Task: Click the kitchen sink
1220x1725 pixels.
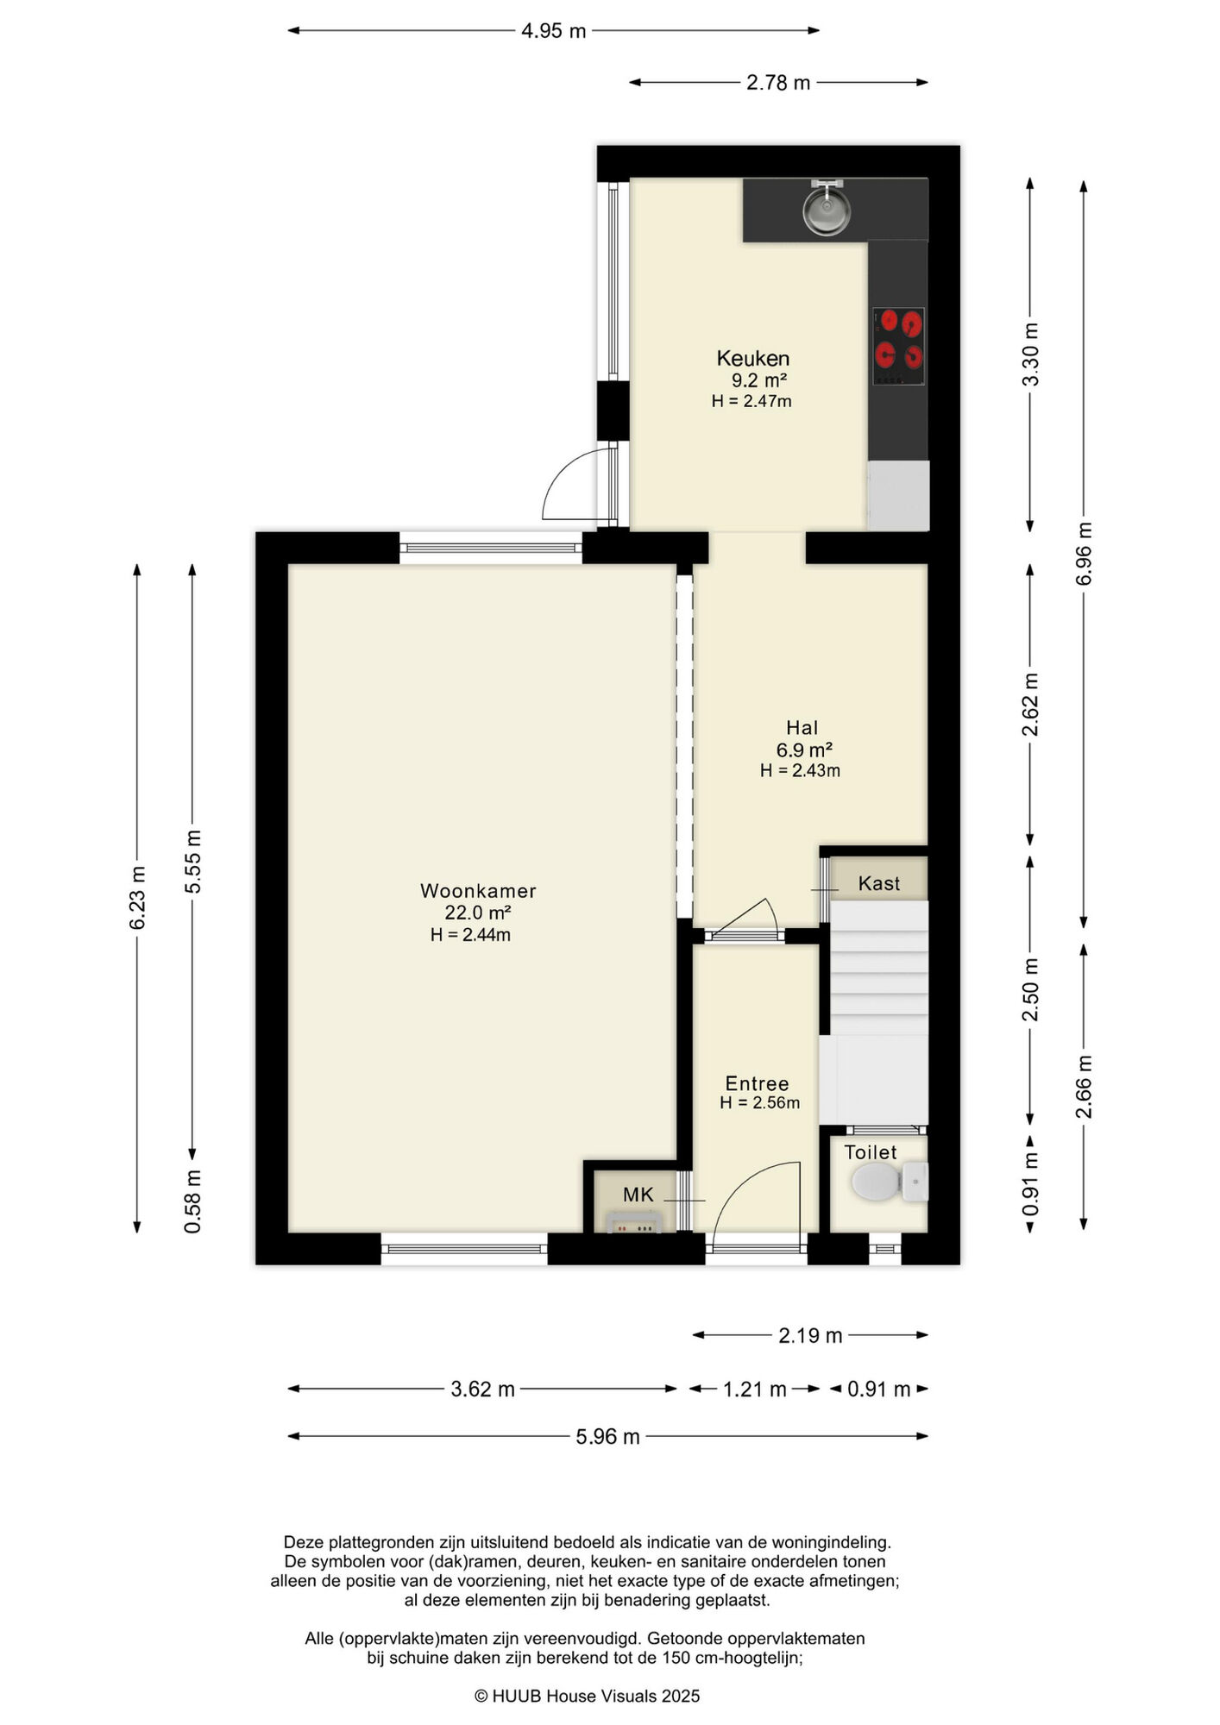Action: (827, 208)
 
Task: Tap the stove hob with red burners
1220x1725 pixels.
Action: (898, 346)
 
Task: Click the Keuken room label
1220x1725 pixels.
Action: (753, 358)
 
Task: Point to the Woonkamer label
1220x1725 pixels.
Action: (478, 891)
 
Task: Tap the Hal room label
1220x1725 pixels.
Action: (802, 728)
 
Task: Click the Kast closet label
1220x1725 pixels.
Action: (878, 883)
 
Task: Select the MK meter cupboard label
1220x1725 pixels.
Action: (638, 1195)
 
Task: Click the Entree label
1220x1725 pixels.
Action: (757, 1084)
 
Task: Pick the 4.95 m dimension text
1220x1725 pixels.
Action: (554, 31)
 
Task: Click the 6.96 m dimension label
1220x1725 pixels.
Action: (1084, 554)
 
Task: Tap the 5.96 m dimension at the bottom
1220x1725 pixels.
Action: (608, 1436)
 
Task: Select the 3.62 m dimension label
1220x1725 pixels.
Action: (483, 1389)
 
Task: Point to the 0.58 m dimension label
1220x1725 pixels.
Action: (192, 1201)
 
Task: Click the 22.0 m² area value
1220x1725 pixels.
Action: (478, 913)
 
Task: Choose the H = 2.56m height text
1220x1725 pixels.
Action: (760, 1103)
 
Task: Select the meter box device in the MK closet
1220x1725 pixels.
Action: (633, 1222)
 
